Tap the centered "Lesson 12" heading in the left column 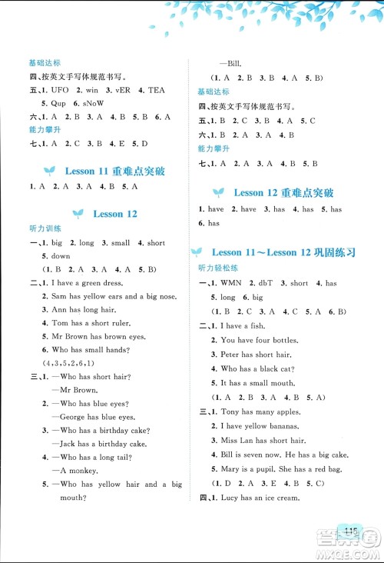point(115,213)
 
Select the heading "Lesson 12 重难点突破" point(283,192)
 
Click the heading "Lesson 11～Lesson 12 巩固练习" point(288,252)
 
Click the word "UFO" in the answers point(60,90)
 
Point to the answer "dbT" point(269,283)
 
